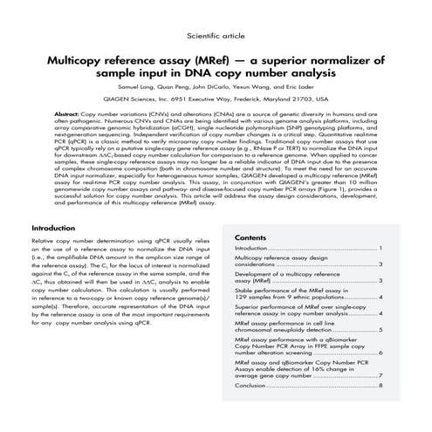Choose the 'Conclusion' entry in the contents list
251,384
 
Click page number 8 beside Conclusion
381,384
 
